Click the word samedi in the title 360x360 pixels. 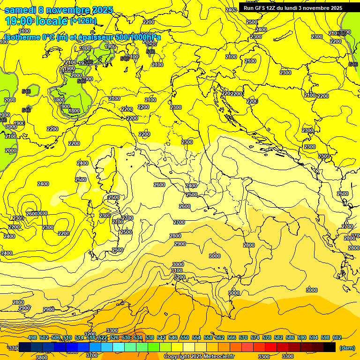(x=21, y=10)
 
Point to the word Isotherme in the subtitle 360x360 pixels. (x=23, y=37)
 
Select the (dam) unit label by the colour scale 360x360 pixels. (x=347, y=348)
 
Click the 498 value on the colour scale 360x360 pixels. (x=32, y=337)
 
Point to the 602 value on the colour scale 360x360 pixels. (x=337, y=337)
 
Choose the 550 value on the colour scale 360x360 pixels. (x=185, y=337)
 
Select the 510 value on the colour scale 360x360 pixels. (x=67, y=337)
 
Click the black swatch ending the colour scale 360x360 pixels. (x=330, y=347)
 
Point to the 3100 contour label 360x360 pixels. (x=177, y=270)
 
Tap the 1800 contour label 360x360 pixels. (x=74, y=111)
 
